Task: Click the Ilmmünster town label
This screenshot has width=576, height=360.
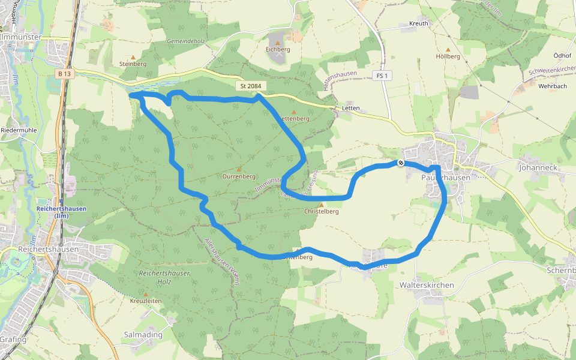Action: (x=21, y=37)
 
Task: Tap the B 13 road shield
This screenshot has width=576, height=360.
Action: (x=65, y=73)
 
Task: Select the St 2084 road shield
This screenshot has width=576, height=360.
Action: (x=251, y=86)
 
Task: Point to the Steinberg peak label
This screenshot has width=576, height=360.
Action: (x=133, y=64)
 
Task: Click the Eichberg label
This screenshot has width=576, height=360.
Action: (x=277, y=50)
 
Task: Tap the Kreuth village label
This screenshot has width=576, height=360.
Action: (x=418, y=23)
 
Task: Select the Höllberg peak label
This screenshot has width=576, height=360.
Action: (x=448, y=56)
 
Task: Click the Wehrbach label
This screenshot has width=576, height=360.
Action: (x=553, y=86)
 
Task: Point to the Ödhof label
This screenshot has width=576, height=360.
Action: (x=562, y=55)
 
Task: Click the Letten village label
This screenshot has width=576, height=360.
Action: (x=350, y=109)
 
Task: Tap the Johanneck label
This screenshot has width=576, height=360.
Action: (x=538, y=169)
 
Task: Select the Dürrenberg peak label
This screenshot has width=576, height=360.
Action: (x=239, y=177)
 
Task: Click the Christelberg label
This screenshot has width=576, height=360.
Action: (x=322, y=211)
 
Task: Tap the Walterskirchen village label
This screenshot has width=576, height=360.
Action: (x=427, y=285)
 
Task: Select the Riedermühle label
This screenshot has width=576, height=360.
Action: (x=19, y=130)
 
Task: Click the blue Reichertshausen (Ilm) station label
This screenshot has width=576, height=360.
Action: (x=61, y=212)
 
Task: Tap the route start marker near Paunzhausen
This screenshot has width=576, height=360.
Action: (x=400, y=163)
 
